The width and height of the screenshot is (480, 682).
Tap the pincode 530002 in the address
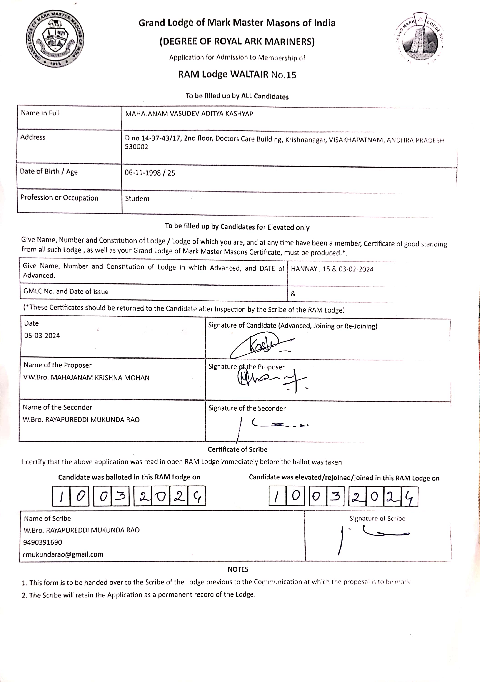136,147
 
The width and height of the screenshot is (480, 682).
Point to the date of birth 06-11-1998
142,173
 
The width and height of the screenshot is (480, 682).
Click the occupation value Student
137,199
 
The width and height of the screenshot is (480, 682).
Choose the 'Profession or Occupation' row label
59,198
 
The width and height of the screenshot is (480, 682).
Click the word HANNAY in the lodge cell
304,269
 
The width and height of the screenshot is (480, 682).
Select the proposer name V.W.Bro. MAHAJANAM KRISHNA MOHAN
86,378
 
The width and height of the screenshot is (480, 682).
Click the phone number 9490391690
42,542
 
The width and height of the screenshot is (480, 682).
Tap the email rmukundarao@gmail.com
63,554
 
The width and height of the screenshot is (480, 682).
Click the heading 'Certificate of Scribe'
237,449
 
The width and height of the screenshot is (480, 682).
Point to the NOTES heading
238,569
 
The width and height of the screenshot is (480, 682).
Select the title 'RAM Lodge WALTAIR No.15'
237,74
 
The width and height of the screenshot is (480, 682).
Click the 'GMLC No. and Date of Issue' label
66,291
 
